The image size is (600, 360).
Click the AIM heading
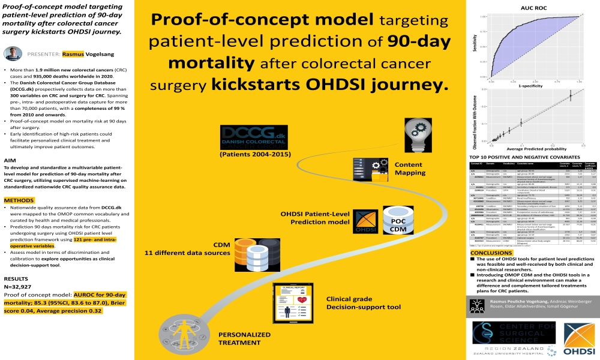[10, 160]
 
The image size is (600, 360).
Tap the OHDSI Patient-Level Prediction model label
[316, 217]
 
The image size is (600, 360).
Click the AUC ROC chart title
[529, 8]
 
